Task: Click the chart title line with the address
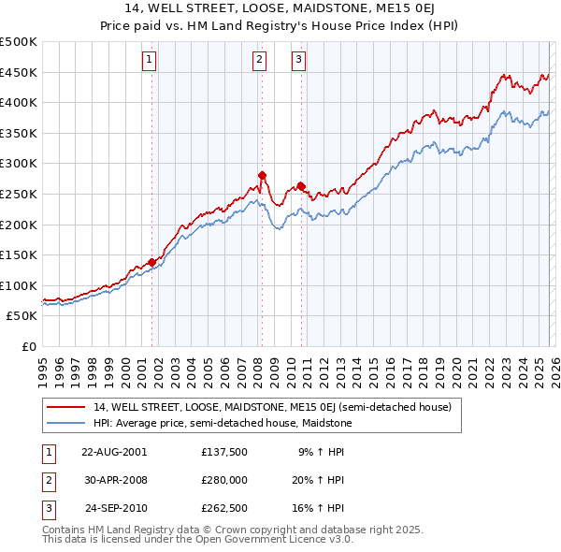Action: tap(280, 8)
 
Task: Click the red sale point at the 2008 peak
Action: tap(263, 175)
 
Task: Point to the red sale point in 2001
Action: tap(151, 262)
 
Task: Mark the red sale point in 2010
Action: tap(301, 185)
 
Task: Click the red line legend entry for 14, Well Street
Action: tap(271, 407)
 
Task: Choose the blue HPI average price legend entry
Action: tap(222, 423)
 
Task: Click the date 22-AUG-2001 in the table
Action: tap(114, 451)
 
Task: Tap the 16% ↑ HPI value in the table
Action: tap(319, 509)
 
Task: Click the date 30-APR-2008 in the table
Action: tap(114, 480)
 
